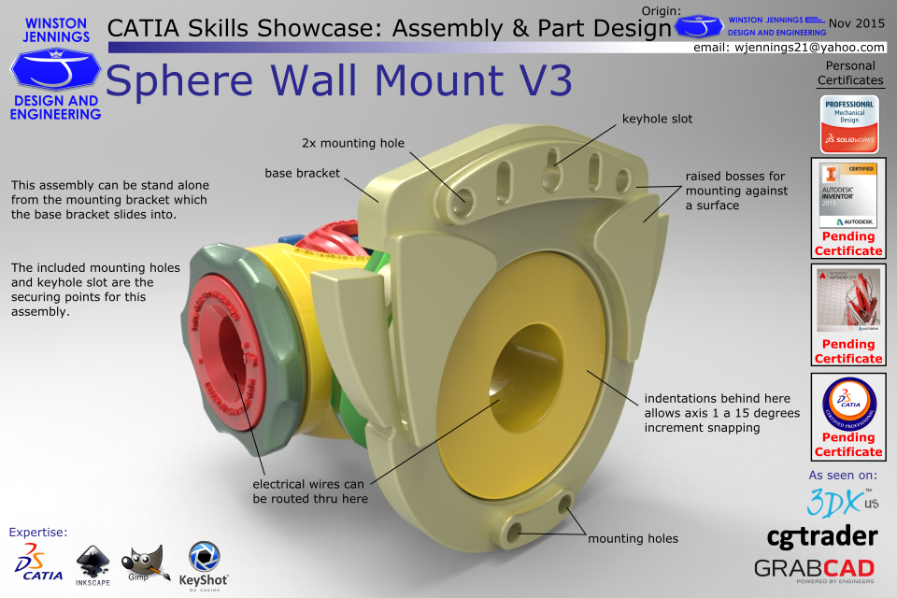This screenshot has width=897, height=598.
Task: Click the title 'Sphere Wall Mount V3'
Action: [338, 82]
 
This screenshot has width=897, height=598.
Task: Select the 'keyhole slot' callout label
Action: [657, 120]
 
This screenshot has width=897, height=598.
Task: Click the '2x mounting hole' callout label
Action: [353, 143]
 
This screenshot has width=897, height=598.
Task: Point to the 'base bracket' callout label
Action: [303, 174]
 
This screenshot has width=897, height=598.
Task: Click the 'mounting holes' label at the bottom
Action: [633, 538]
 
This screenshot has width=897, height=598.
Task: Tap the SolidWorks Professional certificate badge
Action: [848, 122]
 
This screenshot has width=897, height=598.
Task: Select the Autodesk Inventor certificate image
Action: [848, 197]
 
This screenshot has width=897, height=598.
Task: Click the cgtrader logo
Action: [821, 535]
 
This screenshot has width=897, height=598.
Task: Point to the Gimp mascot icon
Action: [146, 562]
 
